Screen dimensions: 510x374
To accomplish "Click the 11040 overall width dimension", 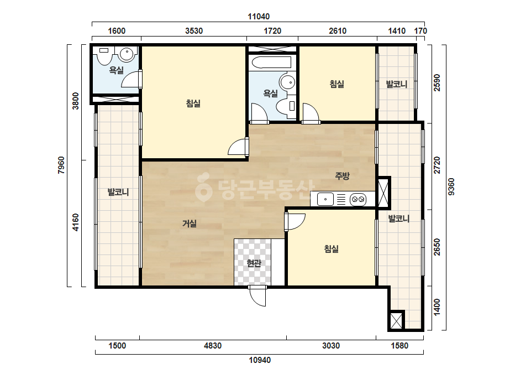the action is pyautogui.click(x=259, y=16).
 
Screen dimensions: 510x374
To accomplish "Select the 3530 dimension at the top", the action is pyautogui.click(x=194, y=31).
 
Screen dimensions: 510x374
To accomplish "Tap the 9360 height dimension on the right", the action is pyautogui.click(x=451, y=186).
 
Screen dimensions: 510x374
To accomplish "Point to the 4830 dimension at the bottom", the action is pyautogui.click(x=213, y=346).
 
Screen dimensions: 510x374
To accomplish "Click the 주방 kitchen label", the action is pyautogui.click(x=342, y=176).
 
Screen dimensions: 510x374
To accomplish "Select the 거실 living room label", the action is pyautogui.click(x=190, y=224).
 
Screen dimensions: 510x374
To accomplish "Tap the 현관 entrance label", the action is pyautogui.click(x=254, y=263).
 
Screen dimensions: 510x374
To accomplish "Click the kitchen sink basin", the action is pyautogui.click(x=325, y=199).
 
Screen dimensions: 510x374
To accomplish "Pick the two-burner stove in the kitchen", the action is pyautogui.click(x=358, y=199).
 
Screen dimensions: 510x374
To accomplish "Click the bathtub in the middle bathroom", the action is pyautogui.click(x=272, y=63).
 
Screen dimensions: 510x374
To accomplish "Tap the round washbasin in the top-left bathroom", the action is pyautogui.click(x=127, y=54).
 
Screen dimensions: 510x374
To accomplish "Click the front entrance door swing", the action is pyautogui.click(x=257, y=296).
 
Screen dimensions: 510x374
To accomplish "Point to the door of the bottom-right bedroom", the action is pyautogui.click(x=295, y=222).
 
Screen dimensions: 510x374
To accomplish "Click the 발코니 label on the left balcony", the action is pyautogui.click(x=118, y=192).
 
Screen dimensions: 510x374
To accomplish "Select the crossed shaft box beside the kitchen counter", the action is pyautogui.click(x=383, y=192).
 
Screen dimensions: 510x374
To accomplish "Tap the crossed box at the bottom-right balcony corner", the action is pyautogui.click(x=396, y=320).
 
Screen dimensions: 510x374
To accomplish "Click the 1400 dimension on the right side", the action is pyautogui.click(x=437, y=307).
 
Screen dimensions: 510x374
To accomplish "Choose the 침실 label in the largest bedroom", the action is pyautogui.click(x=193, y=103).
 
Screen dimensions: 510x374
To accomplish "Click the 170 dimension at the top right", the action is pyautogui.click(x=420, y=31).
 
